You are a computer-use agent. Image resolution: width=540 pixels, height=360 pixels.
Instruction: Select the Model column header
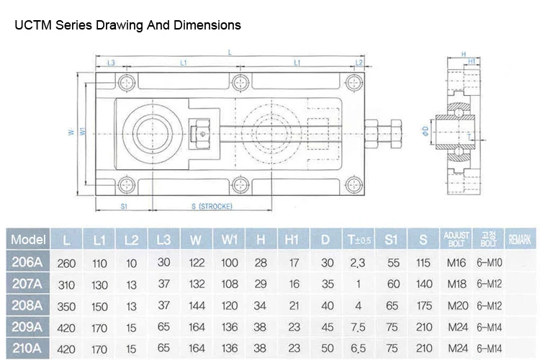tap(29, 238)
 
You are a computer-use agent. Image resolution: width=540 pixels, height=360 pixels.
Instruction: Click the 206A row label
tap(29, 262)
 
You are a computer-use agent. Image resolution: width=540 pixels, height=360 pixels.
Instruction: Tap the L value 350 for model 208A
tap(66, 305)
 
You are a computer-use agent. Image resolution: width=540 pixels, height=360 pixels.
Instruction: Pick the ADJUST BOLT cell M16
tap(456, 262)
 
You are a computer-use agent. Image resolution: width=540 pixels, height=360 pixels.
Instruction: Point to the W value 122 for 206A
tap(196, 262)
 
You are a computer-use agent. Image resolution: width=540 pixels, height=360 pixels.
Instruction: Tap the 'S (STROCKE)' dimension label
tap(210, 207)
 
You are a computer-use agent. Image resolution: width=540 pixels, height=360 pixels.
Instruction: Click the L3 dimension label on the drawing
tap(111, 64)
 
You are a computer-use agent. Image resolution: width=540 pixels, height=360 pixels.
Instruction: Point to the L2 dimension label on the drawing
tap(359, 64)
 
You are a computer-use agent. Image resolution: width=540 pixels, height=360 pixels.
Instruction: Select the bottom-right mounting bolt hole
tap(354, 185)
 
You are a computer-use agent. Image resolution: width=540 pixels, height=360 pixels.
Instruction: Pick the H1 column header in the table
tap(292, 238)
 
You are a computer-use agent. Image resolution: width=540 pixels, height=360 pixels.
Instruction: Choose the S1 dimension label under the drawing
tap(123, 207)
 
